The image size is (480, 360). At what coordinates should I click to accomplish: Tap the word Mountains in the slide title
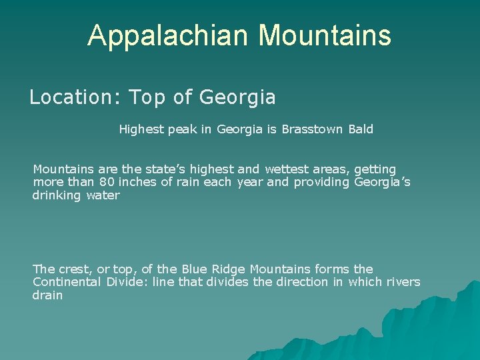[325, 35]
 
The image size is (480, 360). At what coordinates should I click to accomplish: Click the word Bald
[361, 129]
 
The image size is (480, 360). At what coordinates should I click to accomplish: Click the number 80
[107, 182]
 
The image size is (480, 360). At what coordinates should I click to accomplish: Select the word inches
[138, 182]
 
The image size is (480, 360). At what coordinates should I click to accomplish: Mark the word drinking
[57, 195]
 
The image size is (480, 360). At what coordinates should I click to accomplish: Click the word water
[103, 195]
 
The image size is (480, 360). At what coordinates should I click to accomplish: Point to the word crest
[77, 269]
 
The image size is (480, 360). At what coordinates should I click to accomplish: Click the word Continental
[67, 282]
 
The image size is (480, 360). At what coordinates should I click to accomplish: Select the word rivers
[403, 282]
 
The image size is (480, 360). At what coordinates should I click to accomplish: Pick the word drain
[47, 295]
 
